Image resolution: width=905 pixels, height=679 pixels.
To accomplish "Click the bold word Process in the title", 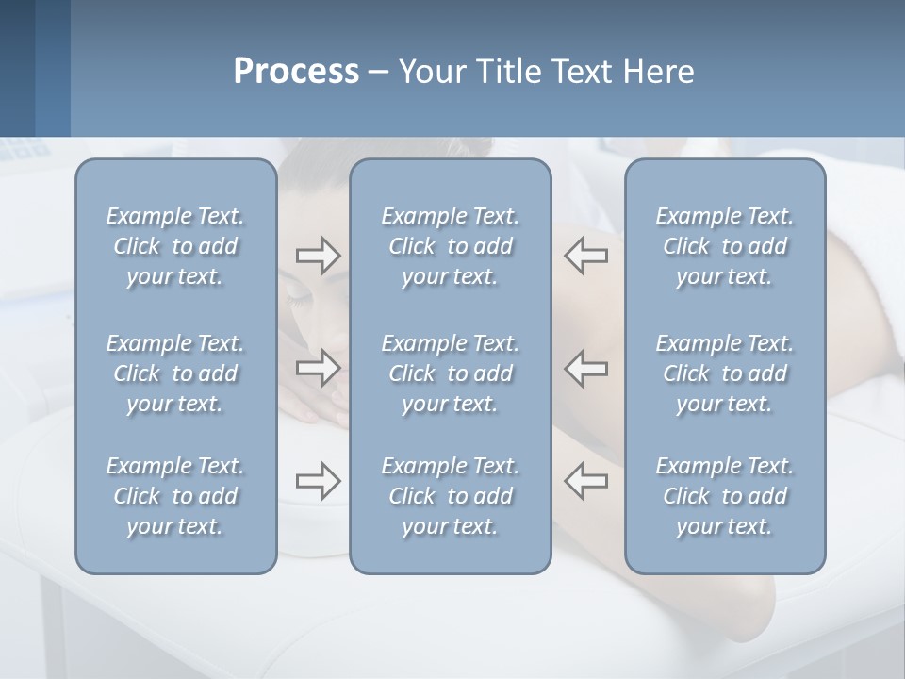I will coord(296,72).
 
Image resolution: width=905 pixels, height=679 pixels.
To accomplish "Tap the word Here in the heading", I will coord(658,72).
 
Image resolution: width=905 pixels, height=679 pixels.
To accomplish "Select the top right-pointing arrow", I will coord(318,256).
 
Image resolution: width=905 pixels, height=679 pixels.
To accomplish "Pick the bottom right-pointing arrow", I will coord(318,481).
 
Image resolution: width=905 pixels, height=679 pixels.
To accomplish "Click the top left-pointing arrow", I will coord(586,256).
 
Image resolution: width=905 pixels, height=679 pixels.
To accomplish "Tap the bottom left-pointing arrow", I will coord(586,481).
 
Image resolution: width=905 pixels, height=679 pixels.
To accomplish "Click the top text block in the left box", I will coord(175,246).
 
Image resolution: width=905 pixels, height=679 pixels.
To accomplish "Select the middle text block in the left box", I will coord(175,373).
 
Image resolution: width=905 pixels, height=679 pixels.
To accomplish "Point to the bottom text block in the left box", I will coord(175,496).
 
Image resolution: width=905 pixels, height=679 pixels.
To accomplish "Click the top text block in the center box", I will coord(450,246).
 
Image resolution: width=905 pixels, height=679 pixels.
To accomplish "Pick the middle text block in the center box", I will coord(450,373).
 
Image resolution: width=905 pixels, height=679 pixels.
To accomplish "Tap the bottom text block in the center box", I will coord(450,496).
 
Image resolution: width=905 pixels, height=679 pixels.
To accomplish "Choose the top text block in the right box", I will coord(724,246).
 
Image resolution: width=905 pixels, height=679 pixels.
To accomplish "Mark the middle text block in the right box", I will coord(724,373).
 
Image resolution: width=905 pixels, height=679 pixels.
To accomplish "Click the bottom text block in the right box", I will coord(724,496).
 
